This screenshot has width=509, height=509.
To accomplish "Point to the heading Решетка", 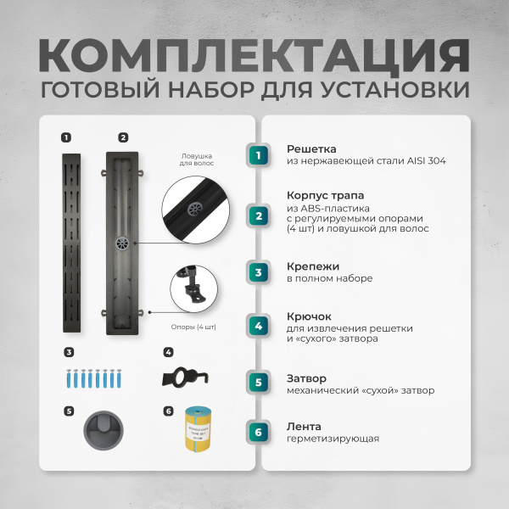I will click(311, 148).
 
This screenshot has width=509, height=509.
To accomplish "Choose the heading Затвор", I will click(306, 378).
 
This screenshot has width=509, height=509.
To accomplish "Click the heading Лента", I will click(304, 427).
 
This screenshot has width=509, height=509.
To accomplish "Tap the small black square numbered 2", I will click(123, 137).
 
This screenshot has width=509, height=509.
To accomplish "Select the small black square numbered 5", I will click(68, 411).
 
